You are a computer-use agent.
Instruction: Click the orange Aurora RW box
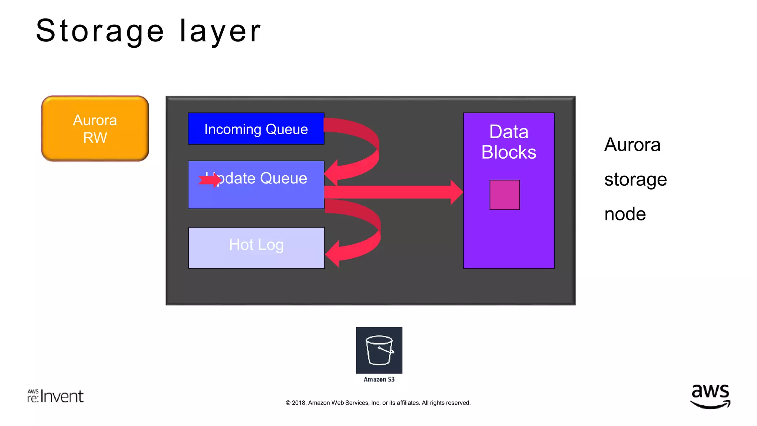(95, 129)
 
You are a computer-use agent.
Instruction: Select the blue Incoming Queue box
(256, 129)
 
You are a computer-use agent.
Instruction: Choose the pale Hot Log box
(256, 248)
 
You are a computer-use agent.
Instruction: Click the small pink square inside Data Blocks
(505, 195)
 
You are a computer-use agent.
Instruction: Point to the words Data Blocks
(509, 142)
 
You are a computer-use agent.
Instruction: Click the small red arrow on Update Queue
(210, 180)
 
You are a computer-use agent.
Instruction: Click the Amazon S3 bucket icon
(379, 350)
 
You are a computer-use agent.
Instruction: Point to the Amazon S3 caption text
(379, 379)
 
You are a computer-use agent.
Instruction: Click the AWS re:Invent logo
(55, 396)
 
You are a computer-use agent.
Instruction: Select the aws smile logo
(710, 396)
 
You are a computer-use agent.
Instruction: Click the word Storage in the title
(100, 31)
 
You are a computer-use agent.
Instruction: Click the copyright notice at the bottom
(378, 403)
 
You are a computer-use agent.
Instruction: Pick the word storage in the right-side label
(635, 180)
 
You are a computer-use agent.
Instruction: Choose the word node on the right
(625, 214)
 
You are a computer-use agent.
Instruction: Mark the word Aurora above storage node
(632, 145)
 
